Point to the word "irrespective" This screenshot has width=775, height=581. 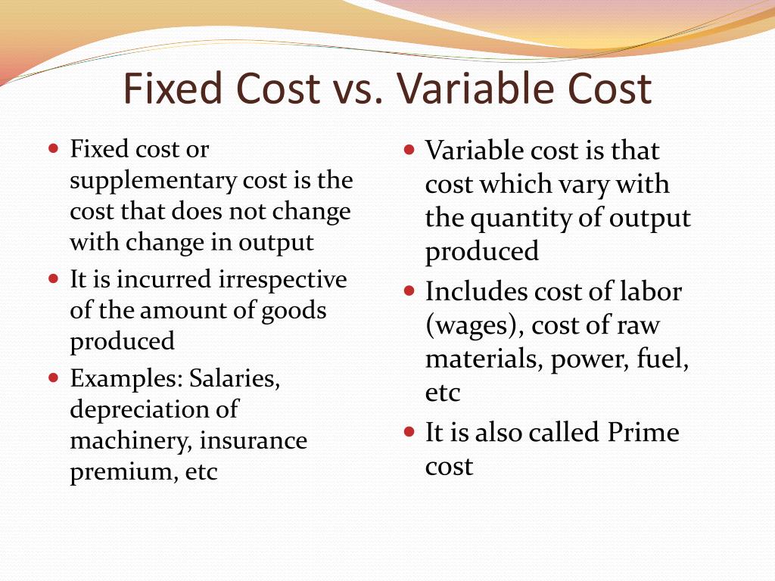click(283, 279)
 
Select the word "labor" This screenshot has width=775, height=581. click(650, 291)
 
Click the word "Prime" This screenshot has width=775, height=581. click(643, 433)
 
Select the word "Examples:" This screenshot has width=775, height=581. click(126, 377)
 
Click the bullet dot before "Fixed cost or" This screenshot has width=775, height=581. click(53, 148)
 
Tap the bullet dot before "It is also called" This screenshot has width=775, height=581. click(409, 433)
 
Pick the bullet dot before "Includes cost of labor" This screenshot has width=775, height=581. click(409, 290)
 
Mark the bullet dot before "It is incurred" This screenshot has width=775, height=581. click(53, 278)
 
